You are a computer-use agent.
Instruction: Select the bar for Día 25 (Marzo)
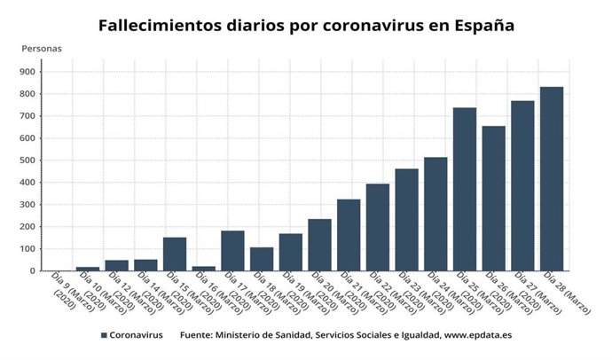[465, 190]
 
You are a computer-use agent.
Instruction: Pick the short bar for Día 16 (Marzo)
[204, 268]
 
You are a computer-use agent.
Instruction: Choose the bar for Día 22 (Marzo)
[378, 227]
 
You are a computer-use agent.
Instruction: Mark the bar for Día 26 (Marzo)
[494, 199]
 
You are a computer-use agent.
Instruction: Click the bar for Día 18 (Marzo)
[262, 259]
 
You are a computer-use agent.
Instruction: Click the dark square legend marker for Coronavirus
[104, 336]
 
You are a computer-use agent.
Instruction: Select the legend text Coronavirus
[137, 336]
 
